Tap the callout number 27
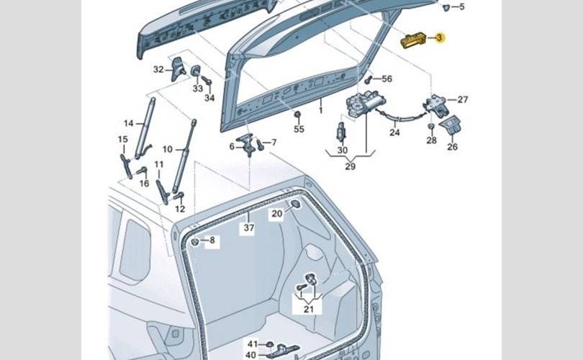(x=462, y=99)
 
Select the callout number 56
(x=387, y=78)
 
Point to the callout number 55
(x=299, y=129)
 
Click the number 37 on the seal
(x=249, y=228)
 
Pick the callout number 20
(x=276, y=213)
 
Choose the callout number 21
(x=309, y=310)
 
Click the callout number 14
(x=129, y=123)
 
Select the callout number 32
(x=158, y=69)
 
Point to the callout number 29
(x=351, y=166)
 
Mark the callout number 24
(x=394, y=132)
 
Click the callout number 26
(x=452, y=148)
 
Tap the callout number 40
(x=251, y=354)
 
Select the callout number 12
(x=180, y=209)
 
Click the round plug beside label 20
(x=294, y=206)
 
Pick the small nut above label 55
(x=297, y=114)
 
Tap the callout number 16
(x=144, y=184)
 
